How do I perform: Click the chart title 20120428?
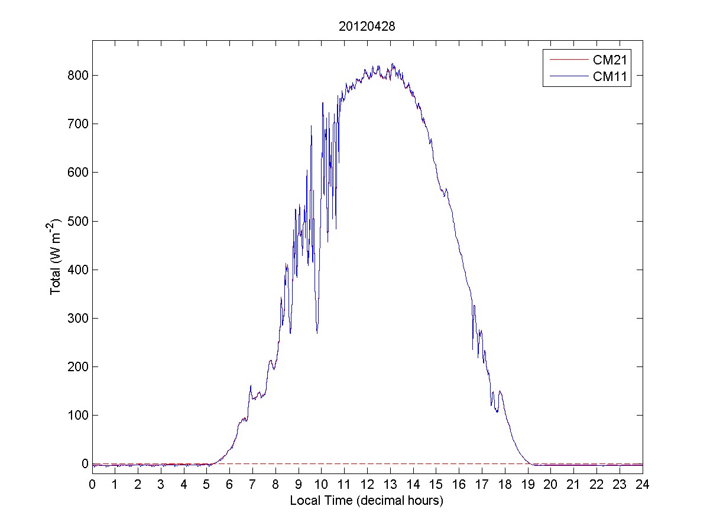[x=367, y=27]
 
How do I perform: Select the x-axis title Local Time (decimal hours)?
[x=367, y=501]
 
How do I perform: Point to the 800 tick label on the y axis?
[x=76, y=76]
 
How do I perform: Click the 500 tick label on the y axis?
[x=76, y=221]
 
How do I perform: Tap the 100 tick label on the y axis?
[x=76, y=416]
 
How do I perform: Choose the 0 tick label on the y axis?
[x=85, y=464]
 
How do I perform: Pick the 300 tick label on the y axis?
[x=76, y=319]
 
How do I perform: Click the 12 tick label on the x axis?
[x=367, y=485]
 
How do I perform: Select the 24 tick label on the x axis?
[x=643, y=485]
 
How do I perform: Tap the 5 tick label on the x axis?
[x=207, y=485]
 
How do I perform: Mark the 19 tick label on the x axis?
[x=528, y=485]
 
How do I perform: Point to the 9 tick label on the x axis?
[x=299, y=485]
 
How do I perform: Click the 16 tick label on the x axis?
[x=459, y=485]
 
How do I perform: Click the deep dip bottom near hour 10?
[x=317, y=333]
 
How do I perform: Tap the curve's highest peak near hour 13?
[x=392, y=64]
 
